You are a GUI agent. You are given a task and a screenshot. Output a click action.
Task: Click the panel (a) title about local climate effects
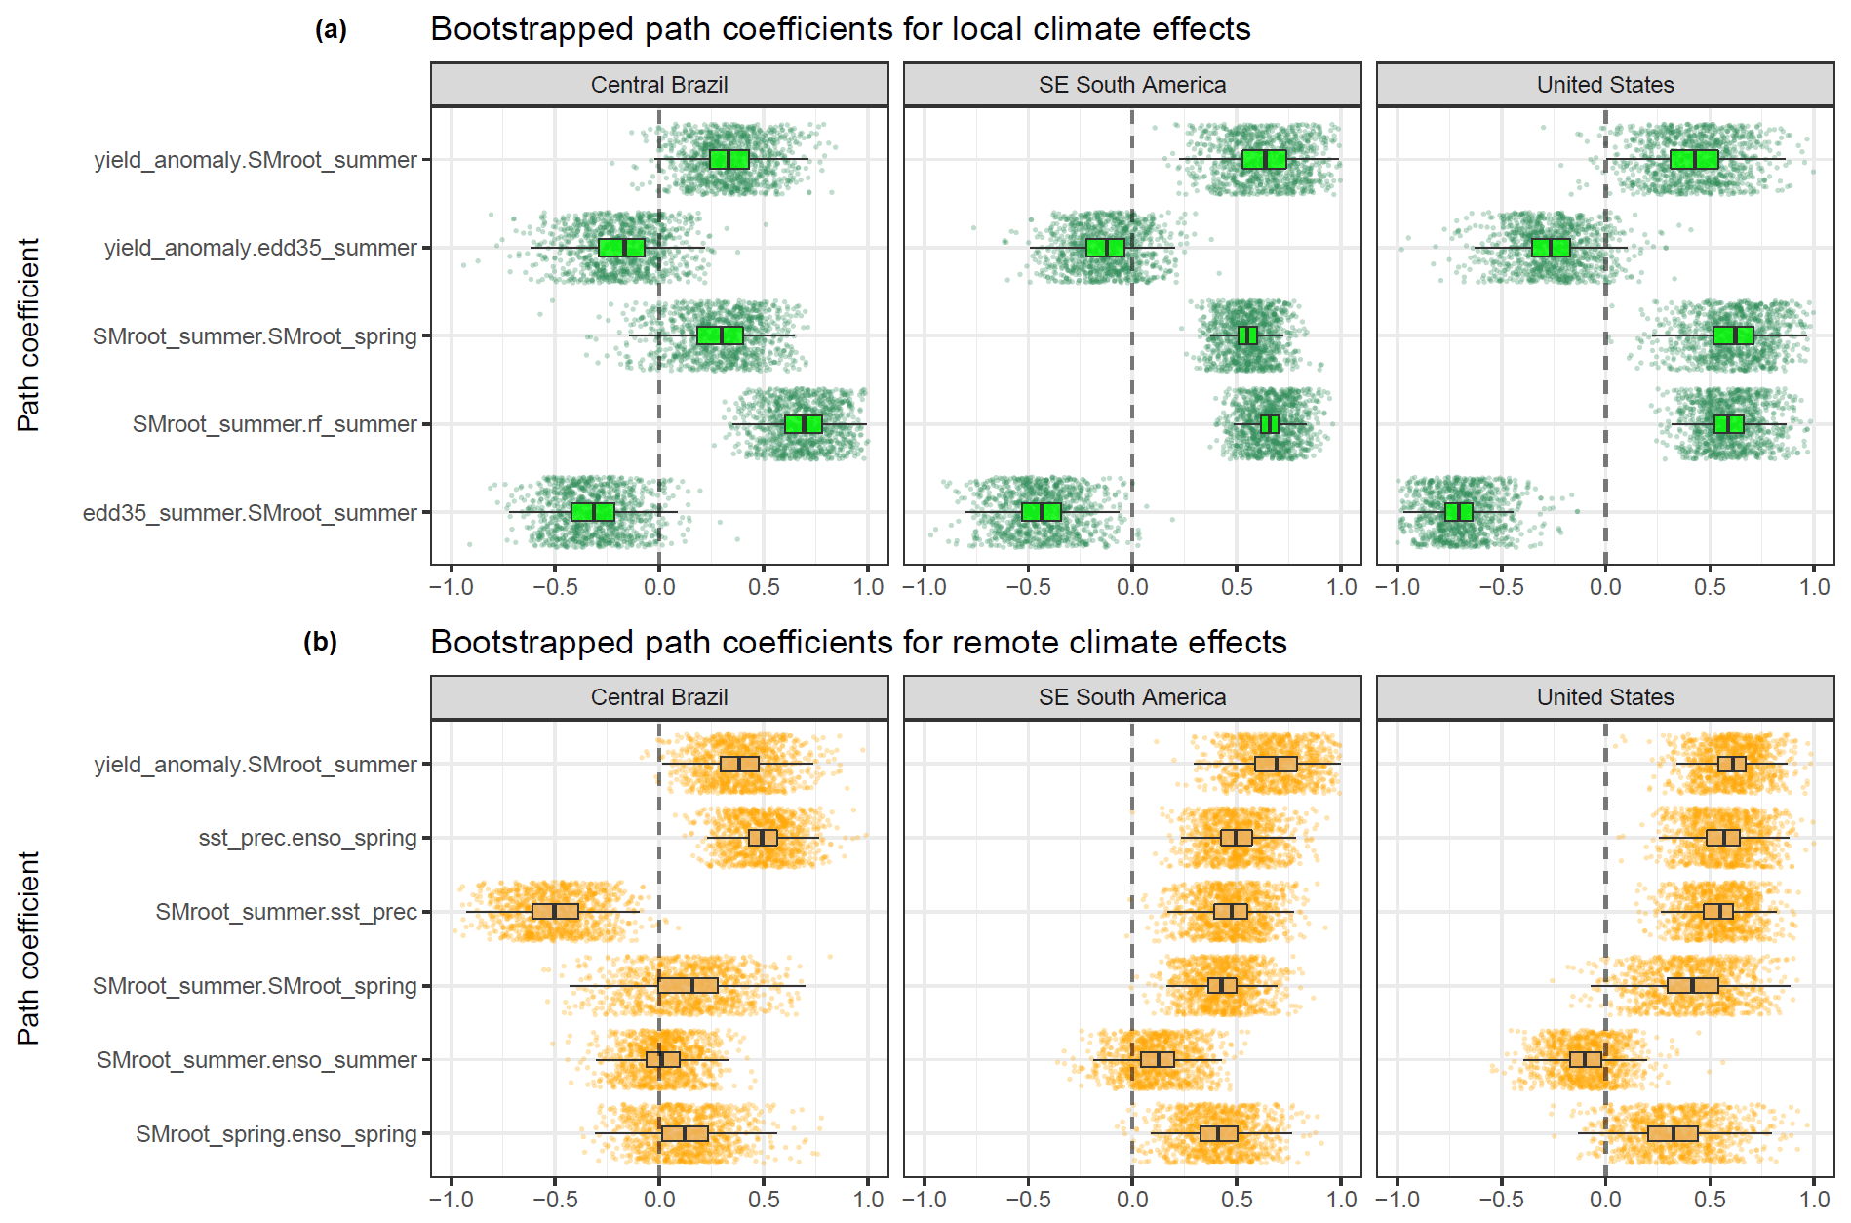(840, 29)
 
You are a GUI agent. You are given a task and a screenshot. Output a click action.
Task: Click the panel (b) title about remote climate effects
(858, 643)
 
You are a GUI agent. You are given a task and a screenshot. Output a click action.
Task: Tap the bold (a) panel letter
(331, 30)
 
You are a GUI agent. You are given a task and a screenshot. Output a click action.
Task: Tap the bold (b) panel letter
(320, 643)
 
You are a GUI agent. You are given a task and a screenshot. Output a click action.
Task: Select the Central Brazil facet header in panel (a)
(659, 85)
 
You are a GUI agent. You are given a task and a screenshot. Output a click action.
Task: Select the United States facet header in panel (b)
(1605, 697)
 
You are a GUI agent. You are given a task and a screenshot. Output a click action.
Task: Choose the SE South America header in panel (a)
(1132, 85)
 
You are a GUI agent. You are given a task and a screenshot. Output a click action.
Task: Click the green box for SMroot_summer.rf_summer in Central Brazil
(804, 424)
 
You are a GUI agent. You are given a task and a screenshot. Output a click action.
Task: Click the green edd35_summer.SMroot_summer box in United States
(1459, 512)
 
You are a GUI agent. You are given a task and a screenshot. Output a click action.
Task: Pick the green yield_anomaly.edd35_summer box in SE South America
(1105, 248)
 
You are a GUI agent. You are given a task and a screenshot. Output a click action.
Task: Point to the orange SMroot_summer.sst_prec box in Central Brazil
(555, 912)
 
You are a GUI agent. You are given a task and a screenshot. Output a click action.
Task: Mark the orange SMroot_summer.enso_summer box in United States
(1586, 1060)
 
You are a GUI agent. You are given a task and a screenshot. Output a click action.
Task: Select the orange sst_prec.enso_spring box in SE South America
(1237, 838)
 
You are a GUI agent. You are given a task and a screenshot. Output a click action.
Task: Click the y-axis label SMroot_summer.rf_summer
(274, 424)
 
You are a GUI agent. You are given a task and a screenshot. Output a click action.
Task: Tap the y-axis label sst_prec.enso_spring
(307, 838)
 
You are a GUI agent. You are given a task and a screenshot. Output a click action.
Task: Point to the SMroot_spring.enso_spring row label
(276, 1134)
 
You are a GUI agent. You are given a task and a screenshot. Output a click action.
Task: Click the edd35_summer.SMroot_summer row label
(250, 513)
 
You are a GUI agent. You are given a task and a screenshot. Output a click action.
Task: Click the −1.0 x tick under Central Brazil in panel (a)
(451, 587)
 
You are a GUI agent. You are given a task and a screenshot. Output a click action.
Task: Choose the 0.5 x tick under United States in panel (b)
(1710, 1200)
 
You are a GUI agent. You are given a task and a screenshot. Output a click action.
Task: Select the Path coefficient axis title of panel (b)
(29, 948)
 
